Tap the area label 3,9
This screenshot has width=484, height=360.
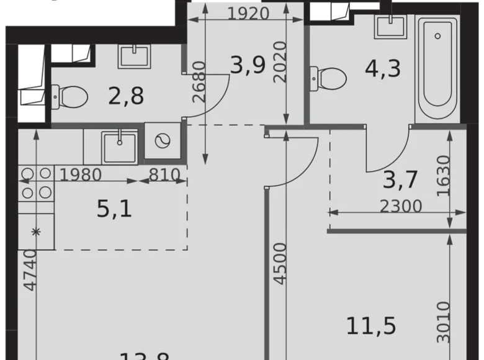245,65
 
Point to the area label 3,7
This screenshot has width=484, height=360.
400,179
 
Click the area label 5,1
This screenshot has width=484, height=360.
114,209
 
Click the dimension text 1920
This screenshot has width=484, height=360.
248,13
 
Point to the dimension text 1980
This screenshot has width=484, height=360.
81,175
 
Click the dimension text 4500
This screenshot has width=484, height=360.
280,264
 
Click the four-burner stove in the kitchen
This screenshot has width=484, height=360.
35,183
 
